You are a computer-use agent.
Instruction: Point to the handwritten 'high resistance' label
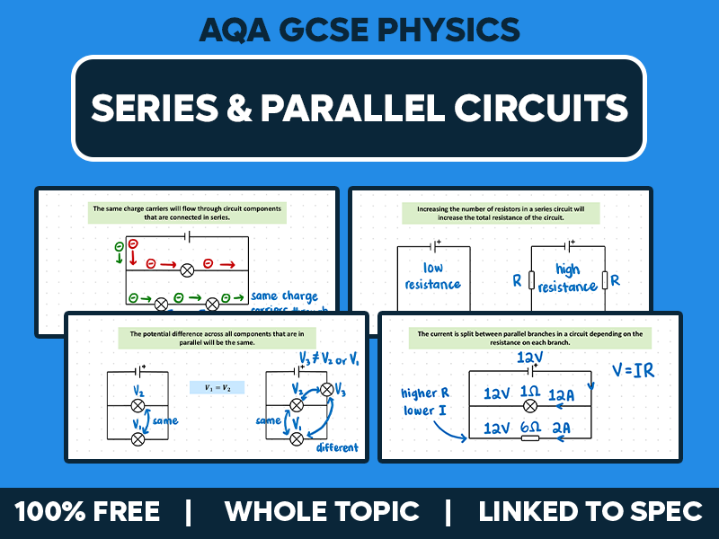coord(567,278)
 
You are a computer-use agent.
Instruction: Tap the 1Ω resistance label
coord(529,393)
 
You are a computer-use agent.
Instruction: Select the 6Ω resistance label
coord(530,429)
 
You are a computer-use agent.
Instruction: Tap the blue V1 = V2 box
coord(217,387)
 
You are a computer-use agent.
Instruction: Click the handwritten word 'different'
coord(337,447)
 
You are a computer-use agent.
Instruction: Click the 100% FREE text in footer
coord(87,512)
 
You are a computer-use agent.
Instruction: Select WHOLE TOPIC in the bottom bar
coord(322,512)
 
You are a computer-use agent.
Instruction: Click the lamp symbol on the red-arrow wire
coord(188,269)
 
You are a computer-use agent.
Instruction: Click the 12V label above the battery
coord(530,357)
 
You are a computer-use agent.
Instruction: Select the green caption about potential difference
coord(217,338)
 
